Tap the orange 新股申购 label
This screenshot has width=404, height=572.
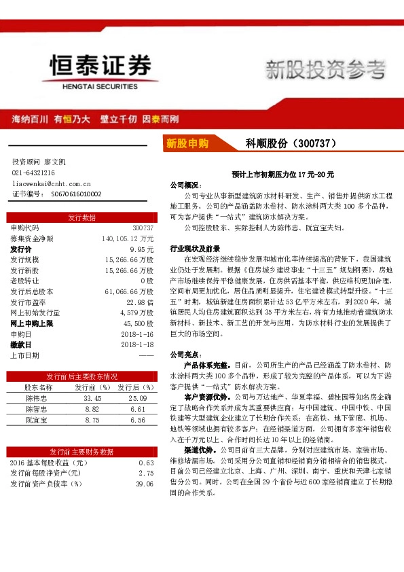[x=188, y=143]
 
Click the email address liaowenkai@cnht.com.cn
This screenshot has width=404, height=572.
[x=52, y=183]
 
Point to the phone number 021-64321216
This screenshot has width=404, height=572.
[x=33, y=173]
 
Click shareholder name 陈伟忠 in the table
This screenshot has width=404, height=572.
[x=35, y=398]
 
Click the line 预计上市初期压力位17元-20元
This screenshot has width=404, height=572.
[x=282, y=175]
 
